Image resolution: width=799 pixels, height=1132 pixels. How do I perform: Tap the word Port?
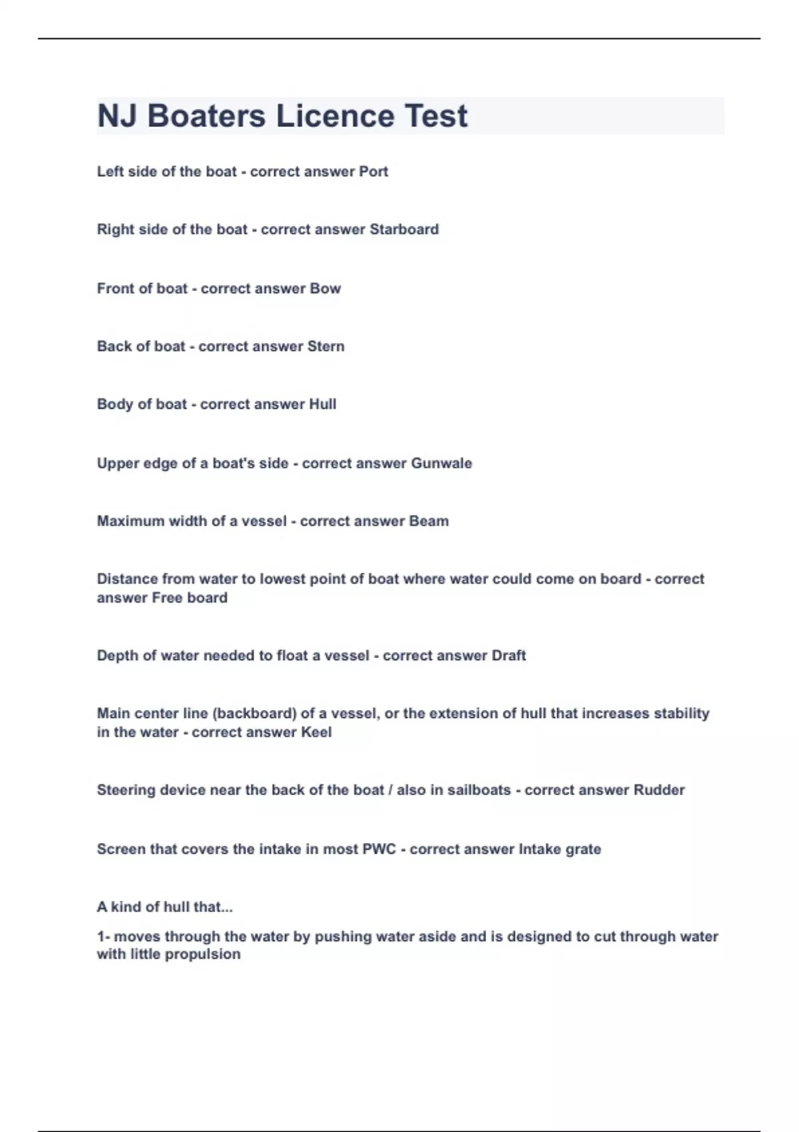click(x=374, y=172)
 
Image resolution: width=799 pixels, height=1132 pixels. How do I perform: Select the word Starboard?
click(x=404, y=230)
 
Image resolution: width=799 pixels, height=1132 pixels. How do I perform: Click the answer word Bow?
click(x=326, y=289)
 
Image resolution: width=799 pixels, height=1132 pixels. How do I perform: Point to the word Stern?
click(x=326, y=347)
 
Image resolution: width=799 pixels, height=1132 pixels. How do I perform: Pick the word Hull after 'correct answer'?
click(x=323, y=405)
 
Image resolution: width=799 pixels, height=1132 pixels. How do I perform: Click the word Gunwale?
click(x=441, y=463)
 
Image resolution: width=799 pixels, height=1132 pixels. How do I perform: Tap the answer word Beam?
click(x=429, y=521)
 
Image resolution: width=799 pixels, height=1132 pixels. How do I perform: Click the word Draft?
click(x=509, y=656)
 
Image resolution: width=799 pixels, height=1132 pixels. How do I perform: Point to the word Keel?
click(x=316, y=732)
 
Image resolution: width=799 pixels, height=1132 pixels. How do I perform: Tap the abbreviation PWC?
click(x=379, y=850)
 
